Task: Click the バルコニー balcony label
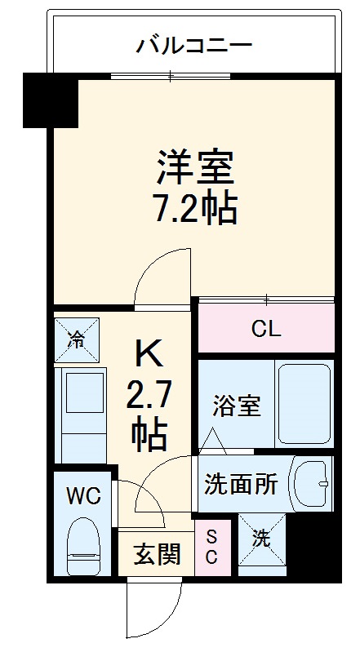coord(193,43)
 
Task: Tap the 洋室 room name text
coord(196,167)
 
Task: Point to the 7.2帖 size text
coord(196,210)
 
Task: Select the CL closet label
coord(266,329)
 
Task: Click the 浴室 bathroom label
coord(238,406)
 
